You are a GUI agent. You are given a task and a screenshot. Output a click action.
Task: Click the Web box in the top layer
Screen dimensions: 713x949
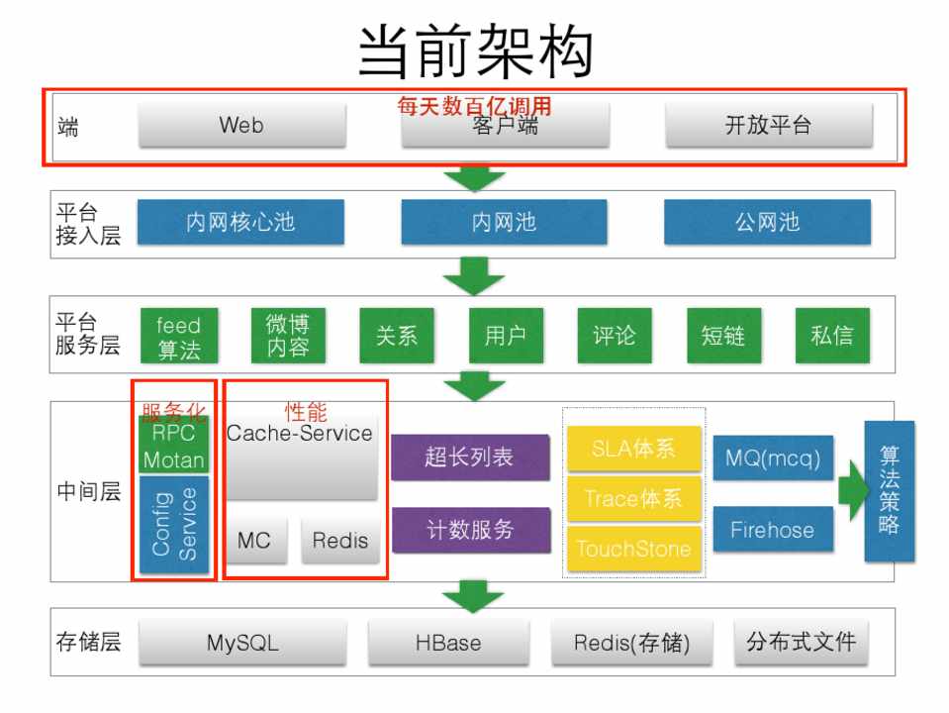241,126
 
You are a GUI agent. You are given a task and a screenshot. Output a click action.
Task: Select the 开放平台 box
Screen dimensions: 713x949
768,126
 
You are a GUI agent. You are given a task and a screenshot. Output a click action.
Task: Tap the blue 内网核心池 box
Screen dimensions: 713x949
240,222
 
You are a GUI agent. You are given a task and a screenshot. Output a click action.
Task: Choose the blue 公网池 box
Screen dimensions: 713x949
767,222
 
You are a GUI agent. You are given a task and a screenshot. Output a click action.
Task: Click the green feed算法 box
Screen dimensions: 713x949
178,337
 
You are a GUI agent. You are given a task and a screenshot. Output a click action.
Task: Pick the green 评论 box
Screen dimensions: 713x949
615,336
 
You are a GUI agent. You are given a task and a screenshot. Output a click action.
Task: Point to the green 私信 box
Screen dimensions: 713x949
831,336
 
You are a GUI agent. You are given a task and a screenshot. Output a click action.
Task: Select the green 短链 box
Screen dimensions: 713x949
722,336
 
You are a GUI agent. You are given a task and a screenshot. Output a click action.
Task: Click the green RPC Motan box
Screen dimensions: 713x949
174,447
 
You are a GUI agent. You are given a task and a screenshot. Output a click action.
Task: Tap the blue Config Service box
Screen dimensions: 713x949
174,523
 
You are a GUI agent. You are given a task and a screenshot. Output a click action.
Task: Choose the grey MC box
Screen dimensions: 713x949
254,541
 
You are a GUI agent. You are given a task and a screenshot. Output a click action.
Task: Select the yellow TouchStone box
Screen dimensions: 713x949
633,549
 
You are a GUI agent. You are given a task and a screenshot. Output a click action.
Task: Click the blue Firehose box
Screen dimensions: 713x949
772,530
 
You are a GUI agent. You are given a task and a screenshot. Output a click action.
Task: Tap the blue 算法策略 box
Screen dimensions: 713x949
889,491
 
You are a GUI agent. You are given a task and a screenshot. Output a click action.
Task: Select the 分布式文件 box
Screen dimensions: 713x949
800,642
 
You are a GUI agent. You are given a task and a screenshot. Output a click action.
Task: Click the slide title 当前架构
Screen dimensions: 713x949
475,50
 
